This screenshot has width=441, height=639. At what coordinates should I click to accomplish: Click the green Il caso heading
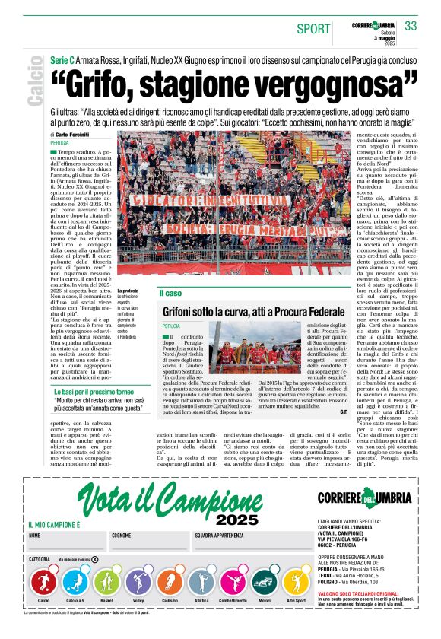(x=170, y=294)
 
